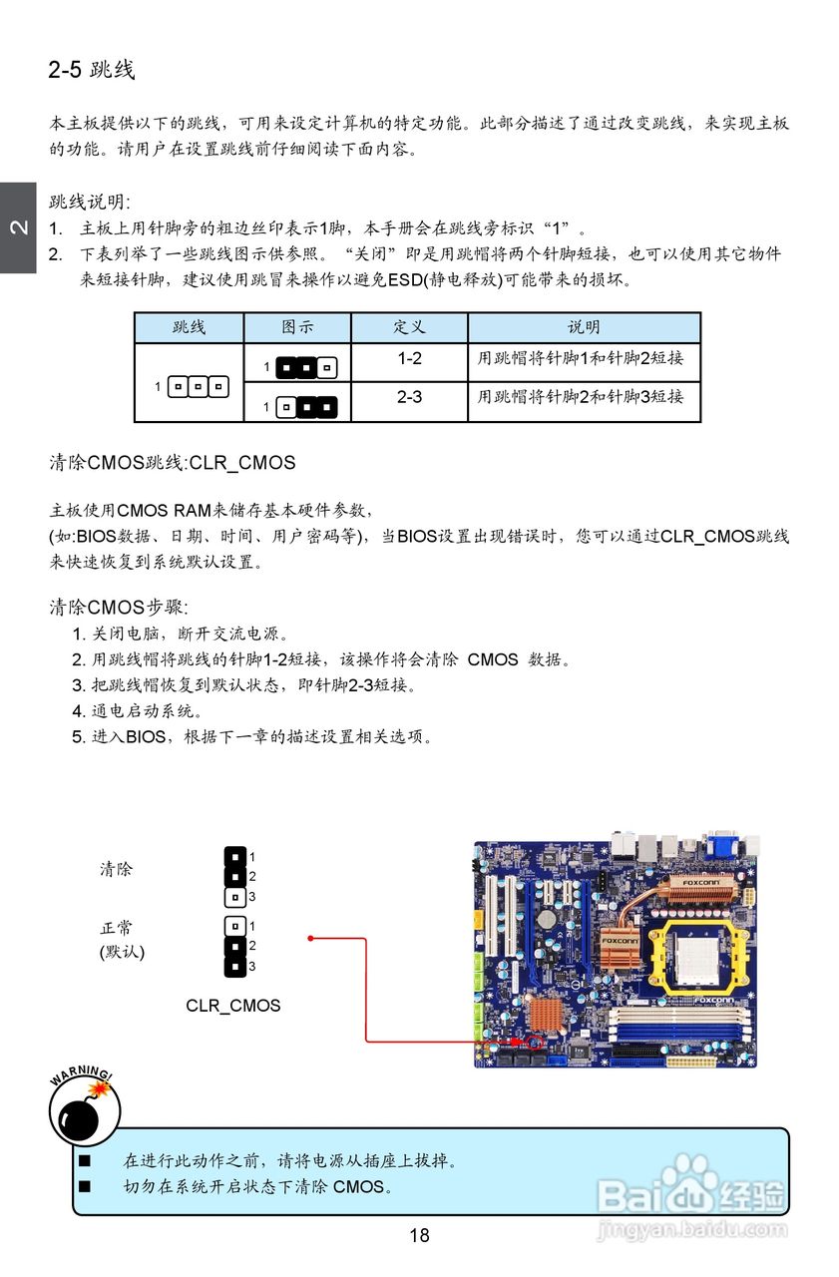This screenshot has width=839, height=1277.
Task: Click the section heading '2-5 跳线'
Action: pos(91,70)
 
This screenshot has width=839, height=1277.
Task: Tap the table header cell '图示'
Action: pos(297,327)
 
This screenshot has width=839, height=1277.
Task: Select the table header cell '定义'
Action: pos(409,327)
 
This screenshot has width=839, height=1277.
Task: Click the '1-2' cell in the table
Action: pos(409,358)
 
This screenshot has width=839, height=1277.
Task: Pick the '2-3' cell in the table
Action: pos(409,397)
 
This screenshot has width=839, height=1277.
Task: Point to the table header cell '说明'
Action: pos(584,327)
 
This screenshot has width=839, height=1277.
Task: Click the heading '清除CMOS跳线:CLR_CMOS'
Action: pos(173,463)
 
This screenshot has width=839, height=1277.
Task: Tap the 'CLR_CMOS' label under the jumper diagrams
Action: pos(233,1006)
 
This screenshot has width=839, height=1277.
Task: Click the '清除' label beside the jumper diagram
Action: pos(116,869)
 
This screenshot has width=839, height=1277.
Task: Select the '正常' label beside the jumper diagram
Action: pos(116,928)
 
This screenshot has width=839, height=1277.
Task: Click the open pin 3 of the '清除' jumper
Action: pos(235,897)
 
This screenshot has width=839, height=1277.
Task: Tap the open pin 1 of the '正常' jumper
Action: pos(235,926)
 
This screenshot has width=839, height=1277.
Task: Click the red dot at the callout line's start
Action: pos(311,938)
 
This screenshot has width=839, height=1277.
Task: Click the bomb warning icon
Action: pos(84,1109)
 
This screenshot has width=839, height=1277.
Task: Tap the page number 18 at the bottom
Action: pos(419,1236)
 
